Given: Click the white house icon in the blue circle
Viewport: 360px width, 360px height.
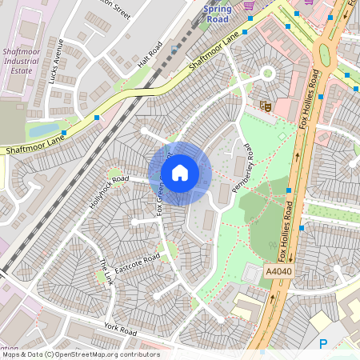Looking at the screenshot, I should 180,172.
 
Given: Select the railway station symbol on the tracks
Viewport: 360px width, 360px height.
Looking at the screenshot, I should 175,48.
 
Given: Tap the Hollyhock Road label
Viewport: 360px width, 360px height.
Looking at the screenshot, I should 109,192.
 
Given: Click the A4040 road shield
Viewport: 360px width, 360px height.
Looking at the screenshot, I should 277,272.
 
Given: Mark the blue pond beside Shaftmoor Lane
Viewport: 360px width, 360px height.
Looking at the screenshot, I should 43,129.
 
